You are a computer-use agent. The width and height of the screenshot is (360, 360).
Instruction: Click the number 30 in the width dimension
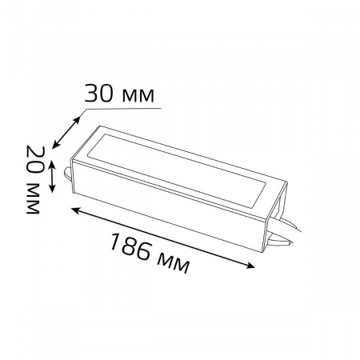tap(102, 94)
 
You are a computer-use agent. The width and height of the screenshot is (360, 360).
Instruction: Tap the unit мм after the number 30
tap(142, 94)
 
